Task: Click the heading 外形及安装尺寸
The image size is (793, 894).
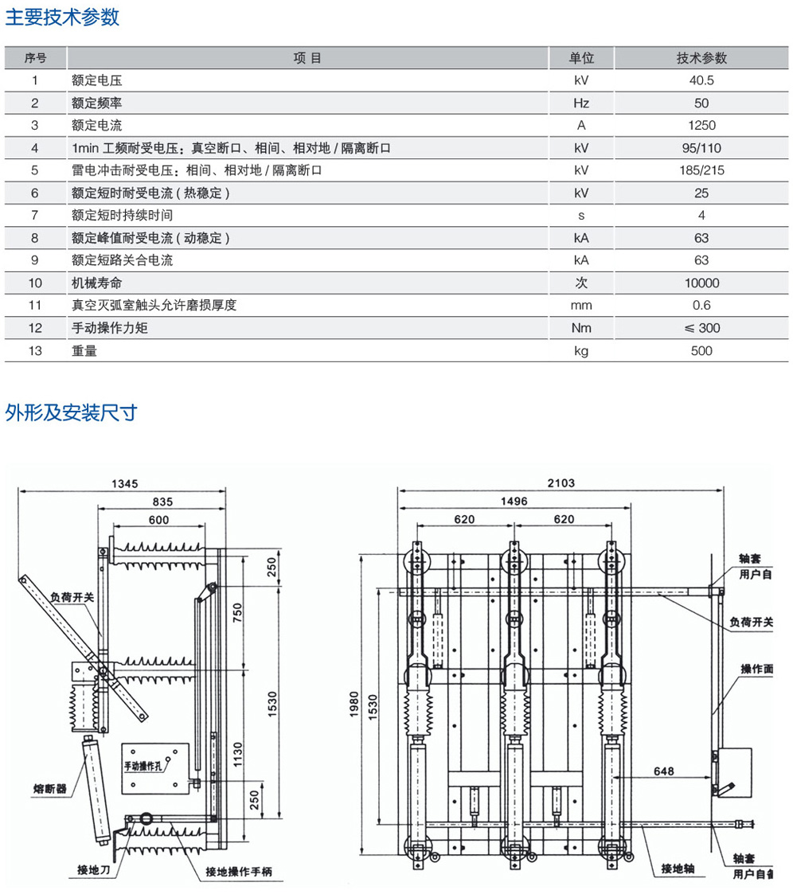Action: (x=71, y=412)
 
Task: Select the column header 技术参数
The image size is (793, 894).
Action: (x=701, y=58)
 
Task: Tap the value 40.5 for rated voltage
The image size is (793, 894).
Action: (x=701, y=80)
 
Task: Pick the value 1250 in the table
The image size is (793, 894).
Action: (x=701, y=125)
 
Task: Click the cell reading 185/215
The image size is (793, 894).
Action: (x=701, y=170)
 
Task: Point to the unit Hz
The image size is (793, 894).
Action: (x=581, y=103)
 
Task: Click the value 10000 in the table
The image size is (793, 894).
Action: (x=701, y=283)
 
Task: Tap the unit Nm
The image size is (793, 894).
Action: (x=581, y=328)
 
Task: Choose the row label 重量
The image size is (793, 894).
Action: (x=84, y=350)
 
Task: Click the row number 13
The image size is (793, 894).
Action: (x=35, y=350)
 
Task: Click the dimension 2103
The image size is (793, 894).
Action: (x=560, y=483)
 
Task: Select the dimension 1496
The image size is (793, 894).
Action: (x=514, y=501)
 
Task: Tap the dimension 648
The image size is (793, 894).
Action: (x=663, y=771)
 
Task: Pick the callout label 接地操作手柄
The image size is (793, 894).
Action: (x=239, y=872)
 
